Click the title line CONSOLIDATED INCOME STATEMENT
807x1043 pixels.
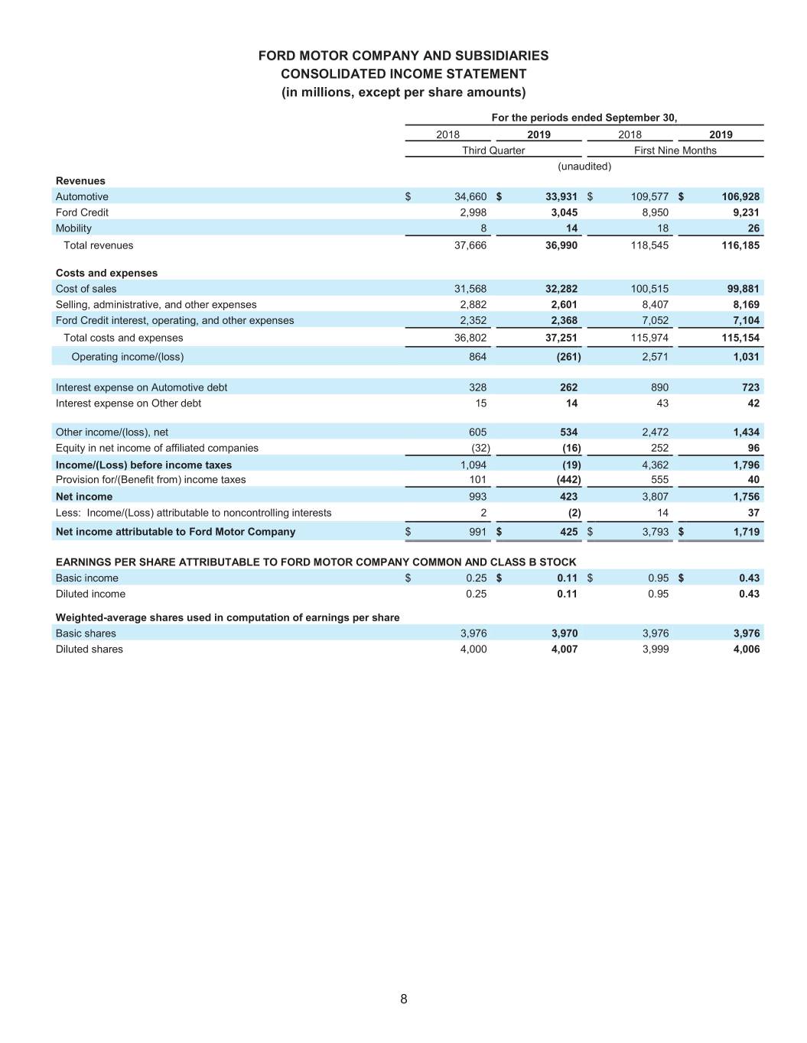[403, 74]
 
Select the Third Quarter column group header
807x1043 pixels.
[493, 151]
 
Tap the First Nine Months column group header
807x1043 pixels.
[675, 151]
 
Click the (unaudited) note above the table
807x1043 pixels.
[584, 167]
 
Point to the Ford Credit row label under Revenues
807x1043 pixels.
[82, 212]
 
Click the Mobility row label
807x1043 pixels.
[73, 228]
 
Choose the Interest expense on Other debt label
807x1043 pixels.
[129, 403]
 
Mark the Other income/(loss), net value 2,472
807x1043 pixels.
[655, 432]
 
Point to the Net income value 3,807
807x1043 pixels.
[655, 497]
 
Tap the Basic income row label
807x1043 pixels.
[87, 578]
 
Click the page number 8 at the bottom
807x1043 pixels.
[403, 999]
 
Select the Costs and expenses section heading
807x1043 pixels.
[106, 273]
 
